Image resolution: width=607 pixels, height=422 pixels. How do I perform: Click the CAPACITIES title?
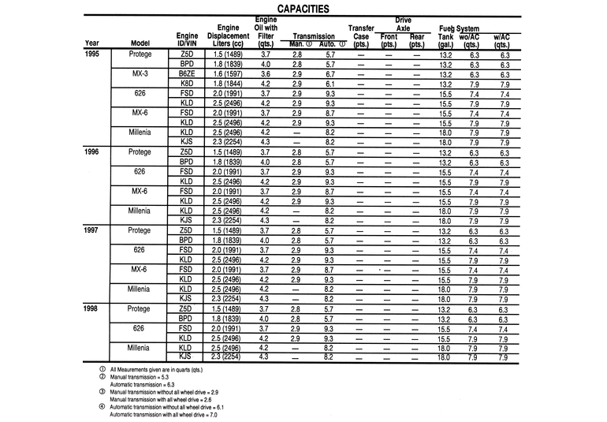click(x=303, y=9)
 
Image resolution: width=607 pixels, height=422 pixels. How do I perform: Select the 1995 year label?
click(x=93, y=54)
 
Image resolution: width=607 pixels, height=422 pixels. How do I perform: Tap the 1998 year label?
click(x=93, y=309)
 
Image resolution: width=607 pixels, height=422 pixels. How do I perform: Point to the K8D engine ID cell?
click(x=187, y=84)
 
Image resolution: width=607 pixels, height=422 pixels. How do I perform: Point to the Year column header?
click(x=92, y=43)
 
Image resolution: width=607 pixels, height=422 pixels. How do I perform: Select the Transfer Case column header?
click(x=361, y=35)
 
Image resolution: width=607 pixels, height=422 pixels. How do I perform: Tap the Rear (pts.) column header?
click(x=417, y=40)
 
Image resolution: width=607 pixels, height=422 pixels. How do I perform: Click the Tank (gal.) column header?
click(x=445, y=40)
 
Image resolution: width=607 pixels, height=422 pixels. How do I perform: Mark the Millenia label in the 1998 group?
click(x=141, y=348)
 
